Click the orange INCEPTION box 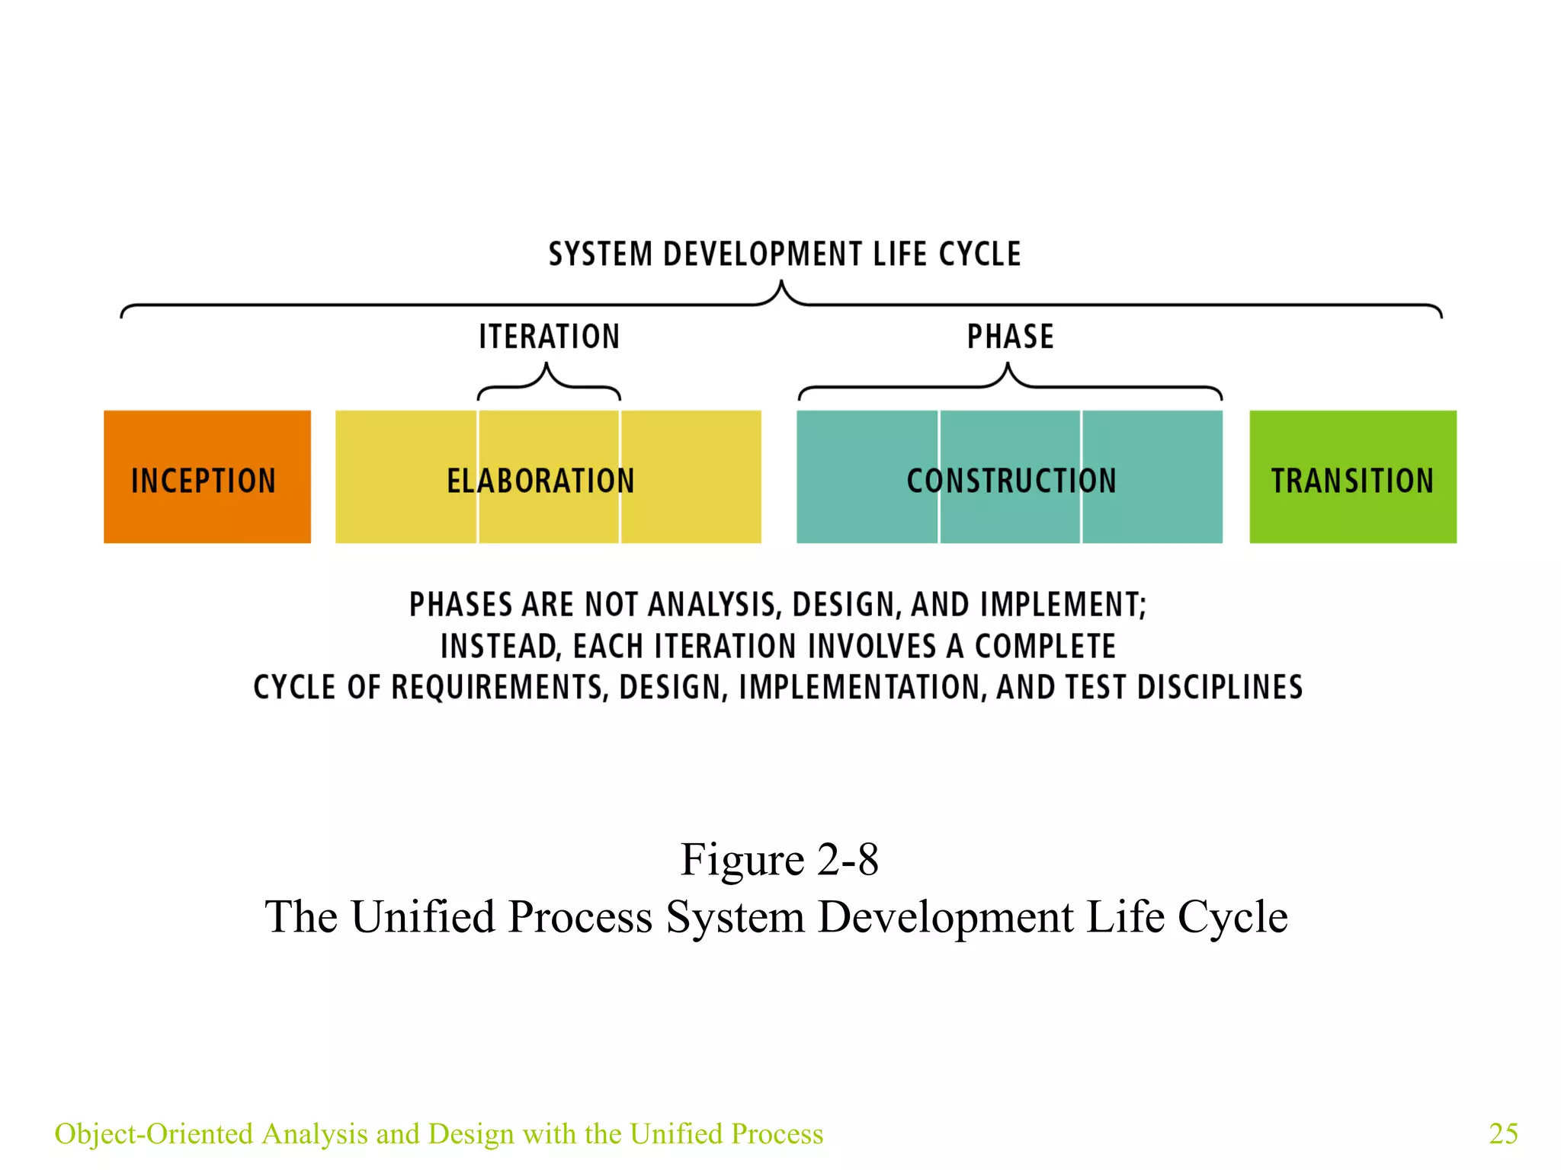tap(207, 477)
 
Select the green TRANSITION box tap(1352, 477)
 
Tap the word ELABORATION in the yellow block tap(540, 481)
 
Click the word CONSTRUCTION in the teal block tap(1011, 481)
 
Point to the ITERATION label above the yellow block tap(549, 337)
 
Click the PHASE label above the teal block tap(1010, 337)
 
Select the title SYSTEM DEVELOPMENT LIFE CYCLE tap(784, 254)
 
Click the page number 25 tap(1502, 1133)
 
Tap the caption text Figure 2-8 tap(779, 859)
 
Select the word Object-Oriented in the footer tap(153, 1133)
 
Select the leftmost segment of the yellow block tap(405, 477)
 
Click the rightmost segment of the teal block tap(1152, 477)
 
